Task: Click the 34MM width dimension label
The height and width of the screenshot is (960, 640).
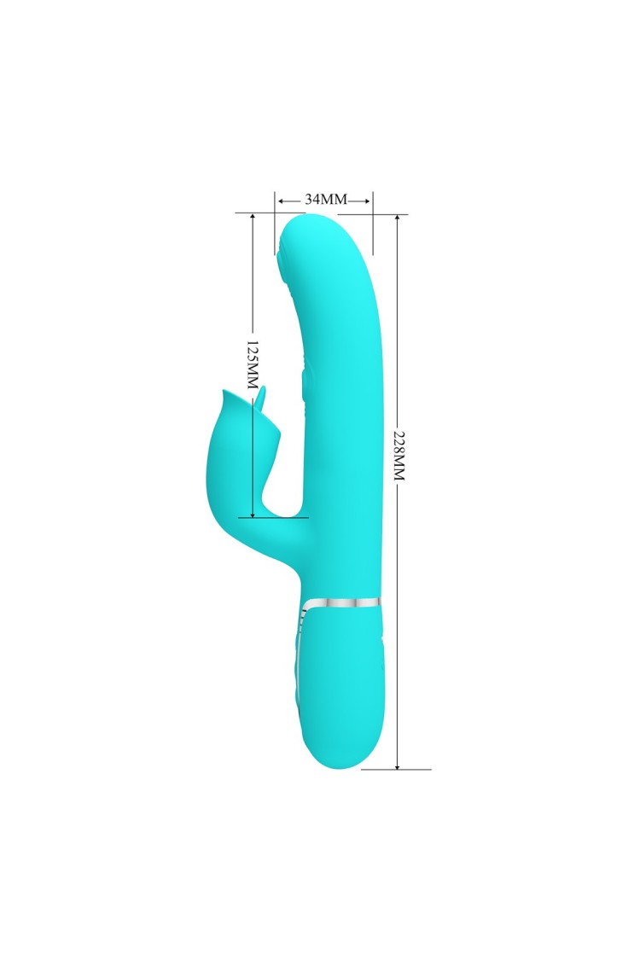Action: [x=326, y=199]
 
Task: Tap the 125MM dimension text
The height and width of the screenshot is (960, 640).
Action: [x=252, y=365]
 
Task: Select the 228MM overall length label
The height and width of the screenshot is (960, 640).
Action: [x=399, y=455]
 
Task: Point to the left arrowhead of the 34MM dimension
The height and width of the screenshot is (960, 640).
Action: [x=281, y=201]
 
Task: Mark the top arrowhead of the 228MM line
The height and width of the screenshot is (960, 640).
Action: [x=398, y=219]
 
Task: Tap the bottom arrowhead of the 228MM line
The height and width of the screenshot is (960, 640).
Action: [x=398, y=765]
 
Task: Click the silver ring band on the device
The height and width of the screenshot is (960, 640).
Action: [x=341, y=602]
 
